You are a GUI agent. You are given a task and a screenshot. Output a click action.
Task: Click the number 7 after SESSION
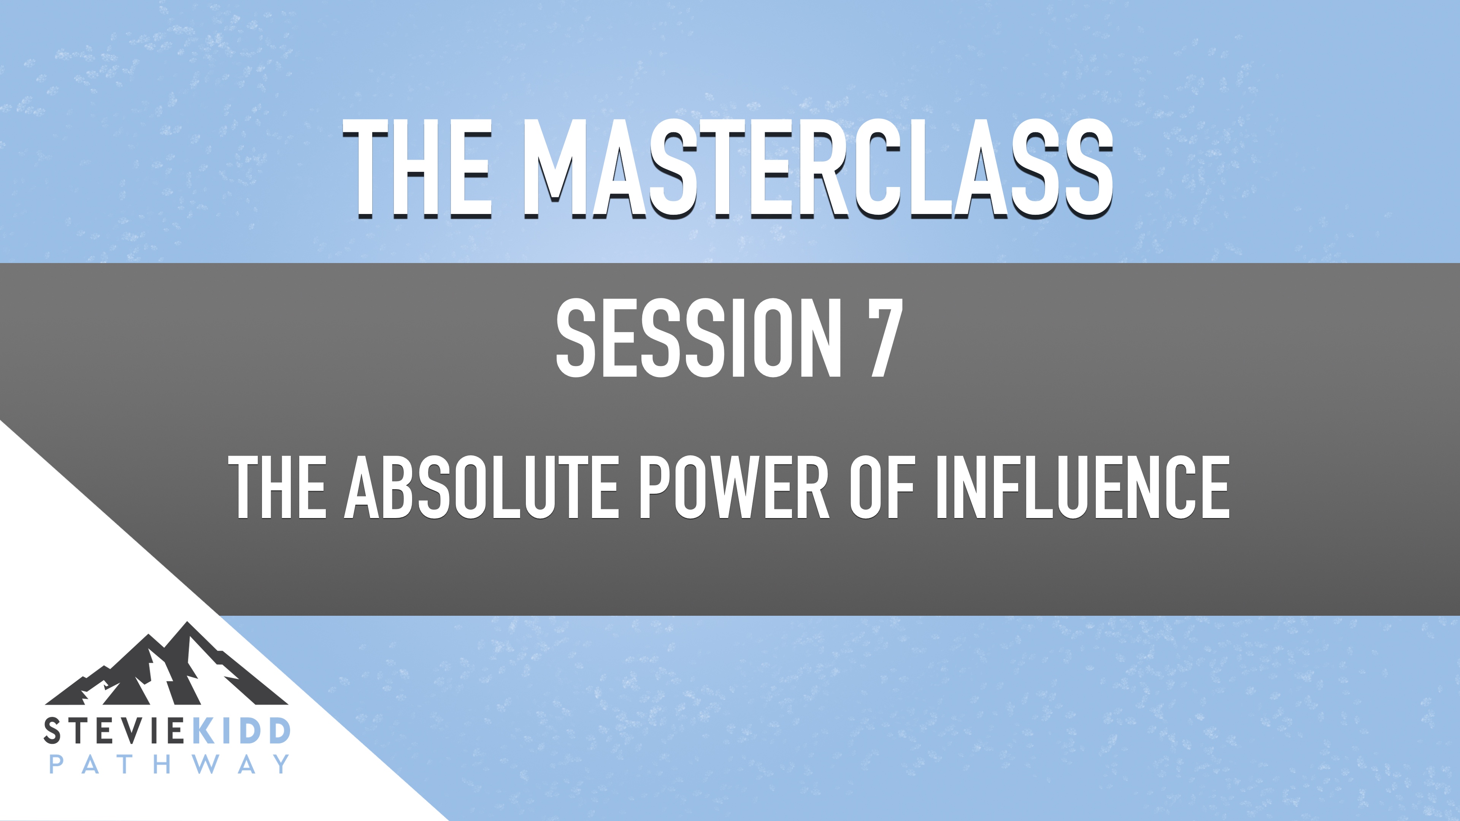[880, 338]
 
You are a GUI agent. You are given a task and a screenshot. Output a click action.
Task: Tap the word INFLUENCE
[1082, 487]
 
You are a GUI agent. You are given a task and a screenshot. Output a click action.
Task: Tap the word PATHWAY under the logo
[169, 764]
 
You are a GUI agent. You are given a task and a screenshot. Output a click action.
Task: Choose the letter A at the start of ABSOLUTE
[362, 487]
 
